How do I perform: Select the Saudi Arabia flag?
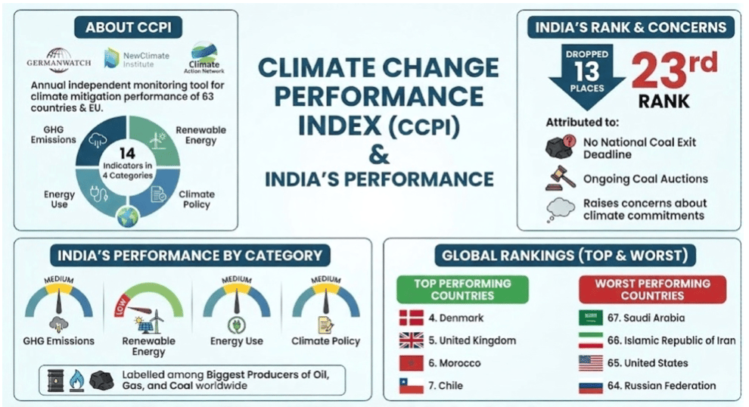coord(590,318)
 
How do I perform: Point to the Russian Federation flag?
coord(590,386)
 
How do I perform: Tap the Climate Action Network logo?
coord(205,56)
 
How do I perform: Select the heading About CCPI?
coord(125,28)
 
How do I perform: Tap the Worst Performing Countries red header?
coord(652,289)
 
